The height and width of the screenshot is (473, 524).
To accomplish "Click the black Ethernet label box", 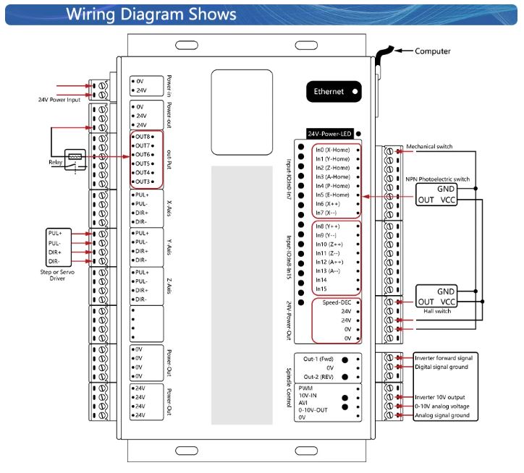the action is click(334, 92).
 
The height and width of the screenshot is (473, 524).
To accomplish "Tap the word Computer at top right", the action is click(432, 51).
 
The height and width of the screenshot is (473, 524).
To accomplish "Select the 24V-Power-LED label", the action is click(329, 134).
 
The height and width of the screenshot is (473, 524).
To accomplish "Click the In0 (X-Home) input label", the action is click(332, 150).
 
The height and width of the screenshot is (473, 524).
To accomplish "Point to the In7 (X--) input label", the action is click(326, 213).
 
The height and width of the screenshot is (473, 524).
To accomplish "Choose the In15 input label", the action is click(321, 289).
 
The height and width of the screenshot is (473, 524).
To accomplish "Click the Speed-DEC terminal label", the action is click(337, 302).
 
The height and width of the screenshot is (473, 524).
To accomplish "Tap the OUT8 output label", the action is click(143, 137).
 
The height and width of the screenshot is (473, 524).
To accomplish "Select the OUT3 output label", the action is click(143, 182).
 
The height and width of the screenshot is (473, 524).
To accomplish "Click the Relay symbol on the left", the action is click(75, 160).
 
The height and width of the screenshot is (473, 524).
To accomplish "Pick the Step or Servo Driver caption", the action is click(57, 275).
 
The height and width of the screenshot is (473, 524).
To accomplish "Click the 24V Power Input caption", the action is click(59, 100).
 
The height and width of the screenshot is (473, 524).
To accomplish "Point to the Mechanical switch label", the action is click(429, 146).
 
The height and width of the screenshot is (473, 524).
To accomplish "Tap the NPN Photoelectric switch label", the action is click(437, 179).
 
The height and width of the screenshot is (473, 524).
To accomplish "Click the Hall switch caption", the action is click(437, 311).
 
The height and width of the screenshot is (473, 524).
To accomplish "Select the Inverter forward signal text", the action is click(444, 358).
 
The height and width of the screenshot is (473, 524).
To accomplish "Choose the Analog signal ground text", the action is click(441, 415).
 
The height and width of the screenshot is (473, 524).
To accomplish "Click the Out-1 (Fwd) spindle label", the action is click(318, 359).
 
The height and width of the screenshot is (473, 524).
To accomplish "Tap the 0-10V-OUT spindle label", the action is click(313, 410).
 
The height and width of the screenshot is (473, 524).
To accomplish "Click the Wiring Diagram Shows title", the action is click(151, 14).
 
